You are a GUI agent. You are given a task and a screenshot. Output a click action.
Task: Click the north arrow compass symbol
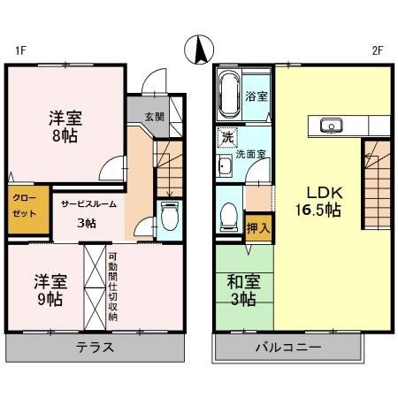tap(200, 49)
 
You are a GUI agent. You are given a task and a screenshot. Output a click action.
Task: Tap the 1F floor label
tap(19, 50)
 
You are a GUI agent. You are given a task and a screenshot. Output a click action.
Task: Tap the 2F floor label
tap(377, 50)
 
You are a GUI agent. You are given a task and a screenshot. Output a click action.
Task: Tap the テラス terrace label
tap(95, 347)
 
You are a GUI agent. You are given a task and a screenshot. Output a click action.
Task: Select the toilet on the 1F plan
tap(170, 217)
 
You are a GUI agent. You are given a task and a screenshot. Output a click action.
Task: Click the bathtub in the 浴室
tap(227, 95)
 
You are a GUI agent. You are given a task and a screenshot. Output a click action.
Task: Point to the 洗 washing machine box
tap(227, 138)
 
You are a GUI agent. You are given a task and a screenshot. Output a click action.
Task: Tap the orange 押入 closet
tap(259, 227)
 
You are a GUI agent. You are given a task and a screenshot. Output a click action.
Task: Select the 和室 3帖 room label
tap(243, 290)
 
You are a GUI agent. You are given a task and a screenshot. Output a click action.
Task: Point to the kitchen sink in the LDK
tap(333, 125)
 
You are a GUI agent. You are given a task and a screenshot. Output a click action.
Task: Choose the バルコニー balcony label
tap(288, 347)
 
